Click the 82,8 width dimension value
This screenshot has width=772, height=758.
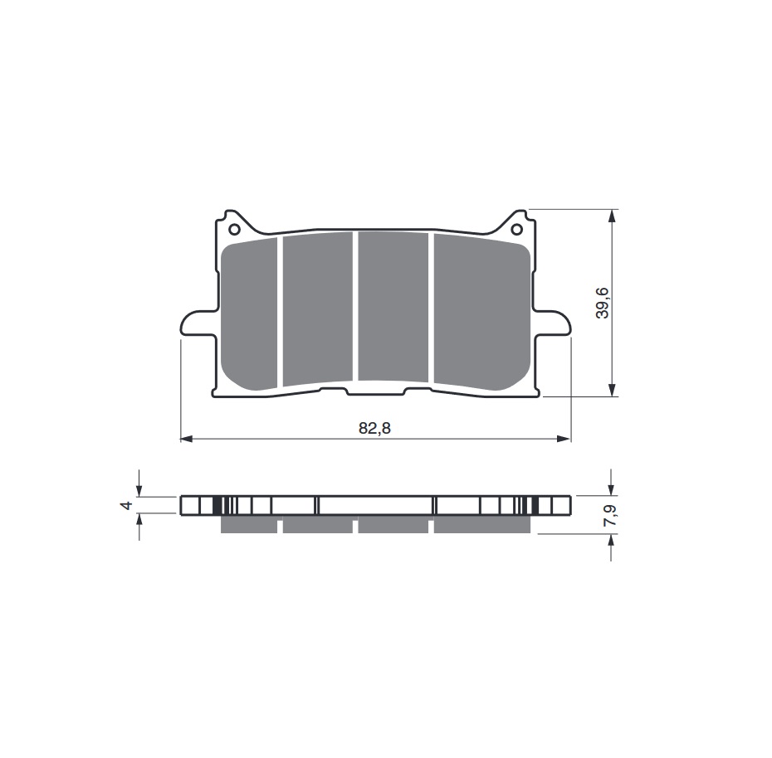point(375,429)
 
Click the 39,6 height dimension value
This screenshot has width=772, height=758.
point(603,303)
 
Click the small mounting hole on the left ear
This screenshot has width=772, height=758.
point(234,229)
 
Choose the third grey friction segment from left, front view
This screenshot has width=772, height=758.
point(393,309)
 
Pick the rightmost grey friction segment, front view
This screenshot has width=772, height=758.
point(481,313)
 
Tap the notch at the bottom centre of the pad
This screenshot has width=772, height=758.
point(376,391)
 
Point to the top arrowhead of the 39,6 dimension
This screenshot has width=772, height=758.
point(612,215)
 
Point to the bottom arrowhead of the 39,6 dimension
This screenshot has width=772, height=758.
point(612,391)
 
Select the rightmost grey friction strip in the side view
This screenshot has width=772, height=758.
point(481,525)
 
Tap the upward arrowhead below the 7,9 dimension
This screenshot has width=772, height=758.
point(612,540)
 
